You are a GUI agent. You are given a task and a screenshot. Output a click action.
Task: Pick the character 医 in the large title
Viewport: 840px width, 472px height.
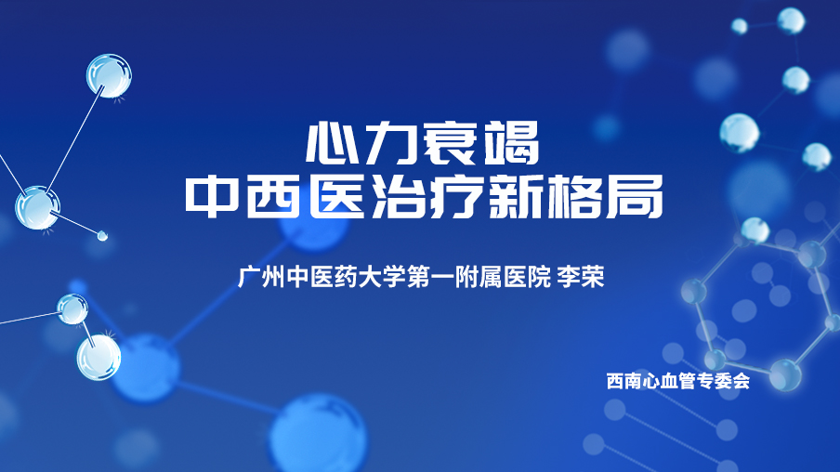click(x=335, y=196)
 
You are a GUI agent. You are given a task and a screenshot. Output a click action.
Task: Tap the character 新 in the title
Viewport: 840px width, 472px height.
click(x=514, y=196)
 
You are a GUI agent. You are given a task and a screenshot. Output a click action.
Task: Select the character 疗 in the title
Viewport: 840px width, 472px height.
click(x=455, y=196)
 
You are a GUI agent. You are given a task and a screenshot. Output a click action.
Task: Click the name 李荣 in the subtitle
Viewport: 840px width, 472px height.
click(x=581, y=277)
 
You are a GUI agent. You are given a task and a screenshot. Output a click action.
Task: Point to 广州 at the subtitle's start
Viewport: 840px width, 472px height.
click(x=261, y=277)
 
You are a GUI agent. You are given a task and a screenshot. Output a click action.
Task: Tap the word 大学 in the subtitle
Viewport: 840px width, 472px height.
click(x=381, y=277)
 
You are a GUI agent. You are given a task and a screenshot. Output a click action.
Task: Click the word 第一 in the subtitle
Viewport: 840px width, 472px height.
click(x=429, y=277)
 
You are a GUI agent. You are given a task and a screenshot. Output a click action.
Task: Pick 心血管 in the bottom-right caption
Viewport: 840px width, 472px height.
click(x=669, y=381)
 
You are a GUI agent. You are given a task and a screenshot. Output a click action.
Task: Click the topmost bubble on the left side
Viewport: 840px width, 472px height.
click(x=109, y=75)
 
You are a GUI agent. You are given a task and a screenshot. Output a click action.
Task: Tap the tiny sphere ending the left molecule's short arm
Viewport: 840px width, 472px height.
click(x=102, y=235)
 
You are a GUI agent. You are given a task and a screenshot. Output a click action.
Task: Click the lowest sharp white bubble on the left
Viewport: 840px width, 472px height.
click(x=98, y=358)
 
